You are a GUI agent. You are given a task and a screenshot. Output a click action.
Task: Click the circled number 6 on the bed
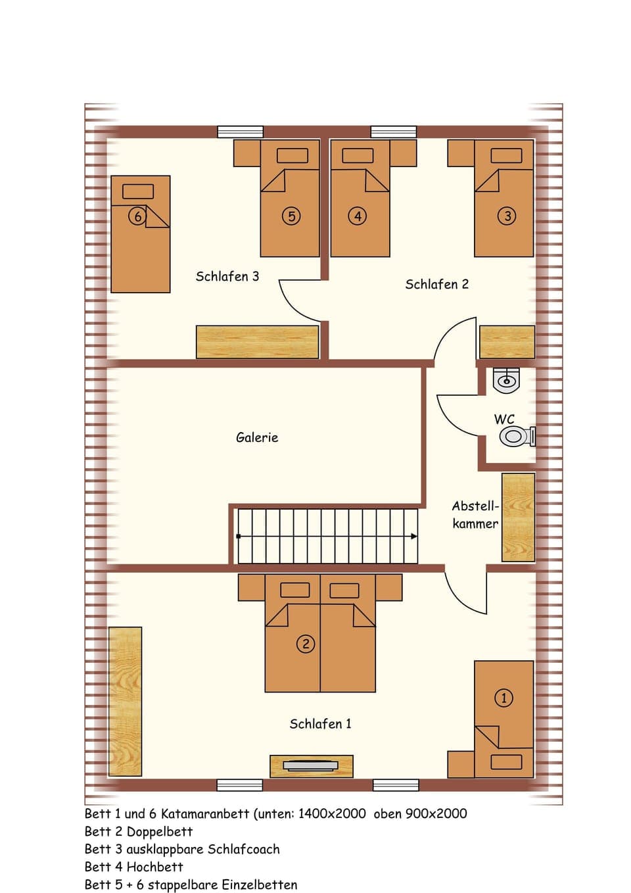pyautogui.click(x=137, y=216)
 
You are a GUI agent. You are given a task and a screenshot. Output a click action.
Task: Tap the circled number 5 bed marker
pyautogui.click(x=291, y=216)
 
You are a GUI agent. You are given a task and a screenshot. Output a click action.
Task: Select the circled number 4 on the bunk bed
pyautogui.click(x=357, y=216)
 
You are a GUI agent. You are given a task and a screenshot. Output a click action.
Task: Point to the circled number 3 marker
pyautogui.click(x=507, y=216)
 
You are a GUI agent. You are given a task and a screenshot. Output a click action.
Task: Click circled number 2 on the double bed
pyautogui.click(x=306, y=644)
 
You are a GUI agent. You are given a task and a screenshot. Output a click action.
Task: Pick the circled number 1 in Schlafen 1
pyautogui.click(x=503, y=698)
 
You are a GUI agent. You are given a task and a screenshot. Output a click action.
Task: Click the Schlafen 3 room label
pyautogui.click(x=227, y=277)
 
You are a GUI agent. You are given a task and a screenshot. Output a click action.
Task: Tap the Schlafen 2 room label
pyautogui.click(x=436, y=285)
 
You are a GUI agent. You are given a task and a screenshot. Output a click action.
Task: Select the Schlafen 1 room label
pyautogui.click(x=320, y=724)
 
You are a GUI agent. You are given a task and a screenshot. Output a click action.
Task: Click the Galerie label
pyautogui.click(x=257, y=437)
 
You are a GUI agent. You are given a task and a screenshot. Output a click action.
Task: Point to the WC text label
pyautogui.click(x=504, y=419)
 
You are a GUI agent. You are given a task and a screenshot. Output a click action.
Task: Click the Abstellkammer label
pyautogui.click(x=475, y=515)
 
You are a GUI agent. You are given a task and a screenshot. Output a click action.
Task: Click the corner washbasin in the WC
pyautogui.click(x=507, y=379)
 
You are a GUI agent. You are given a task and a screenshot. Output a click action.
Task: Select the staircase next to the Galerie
pyautogui.click(x=327, y=536)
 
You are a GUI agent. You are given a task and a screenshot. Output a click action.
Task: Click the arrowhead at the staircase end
pyautogui.click(x=413, y=537)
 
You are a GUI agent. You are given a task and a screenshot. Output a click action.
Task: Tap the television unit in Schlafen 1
pyautogui.click(x=312, y=765)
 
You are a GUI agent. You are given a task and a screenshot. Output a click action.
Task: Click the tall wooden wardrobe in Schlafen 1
pyautogui.click(x=125, y=701)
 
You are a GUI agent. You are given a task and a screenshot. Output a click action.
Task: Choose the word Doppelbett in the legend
pyautogui.click(x=159, y=832)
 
